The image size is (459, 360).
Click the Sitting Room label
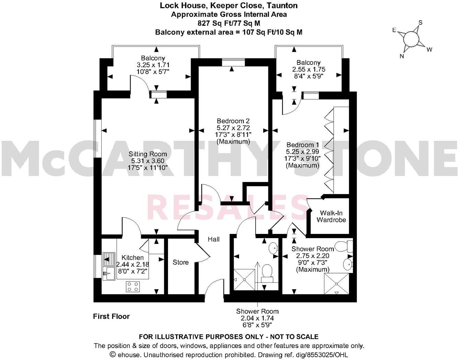[148, 154]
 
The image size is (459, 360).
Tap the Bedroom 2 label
[233, 121]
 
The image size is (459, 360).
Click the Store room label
[180, 262]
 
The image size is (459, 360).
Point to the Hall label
[214, 239]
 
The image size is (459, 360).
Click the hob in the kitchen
[133, 286]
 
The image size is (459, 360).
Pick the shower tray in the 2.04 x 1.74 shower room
[244, 280]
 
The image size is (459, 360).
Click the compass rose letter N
[402, 56]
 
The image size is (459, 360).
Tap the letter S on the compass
[420, 23]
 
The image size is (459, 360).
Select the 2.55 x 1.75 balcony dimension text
[309, 69]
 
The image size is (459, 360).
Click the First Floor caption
[111, 316]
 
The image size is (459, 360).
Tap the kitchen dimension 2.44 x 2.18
[133, 265]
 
